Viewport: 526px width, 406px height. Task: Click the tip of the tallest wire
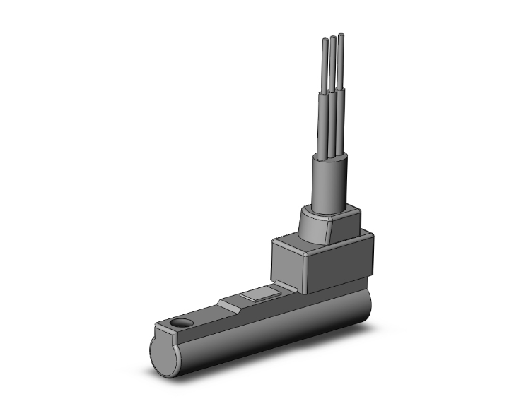click(x=341, y=35)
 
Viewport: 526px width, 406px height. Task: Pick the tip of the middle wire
click(x=332, y=40)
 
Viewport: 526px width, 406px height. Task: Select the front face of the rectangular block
click(x=337, y=265)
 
